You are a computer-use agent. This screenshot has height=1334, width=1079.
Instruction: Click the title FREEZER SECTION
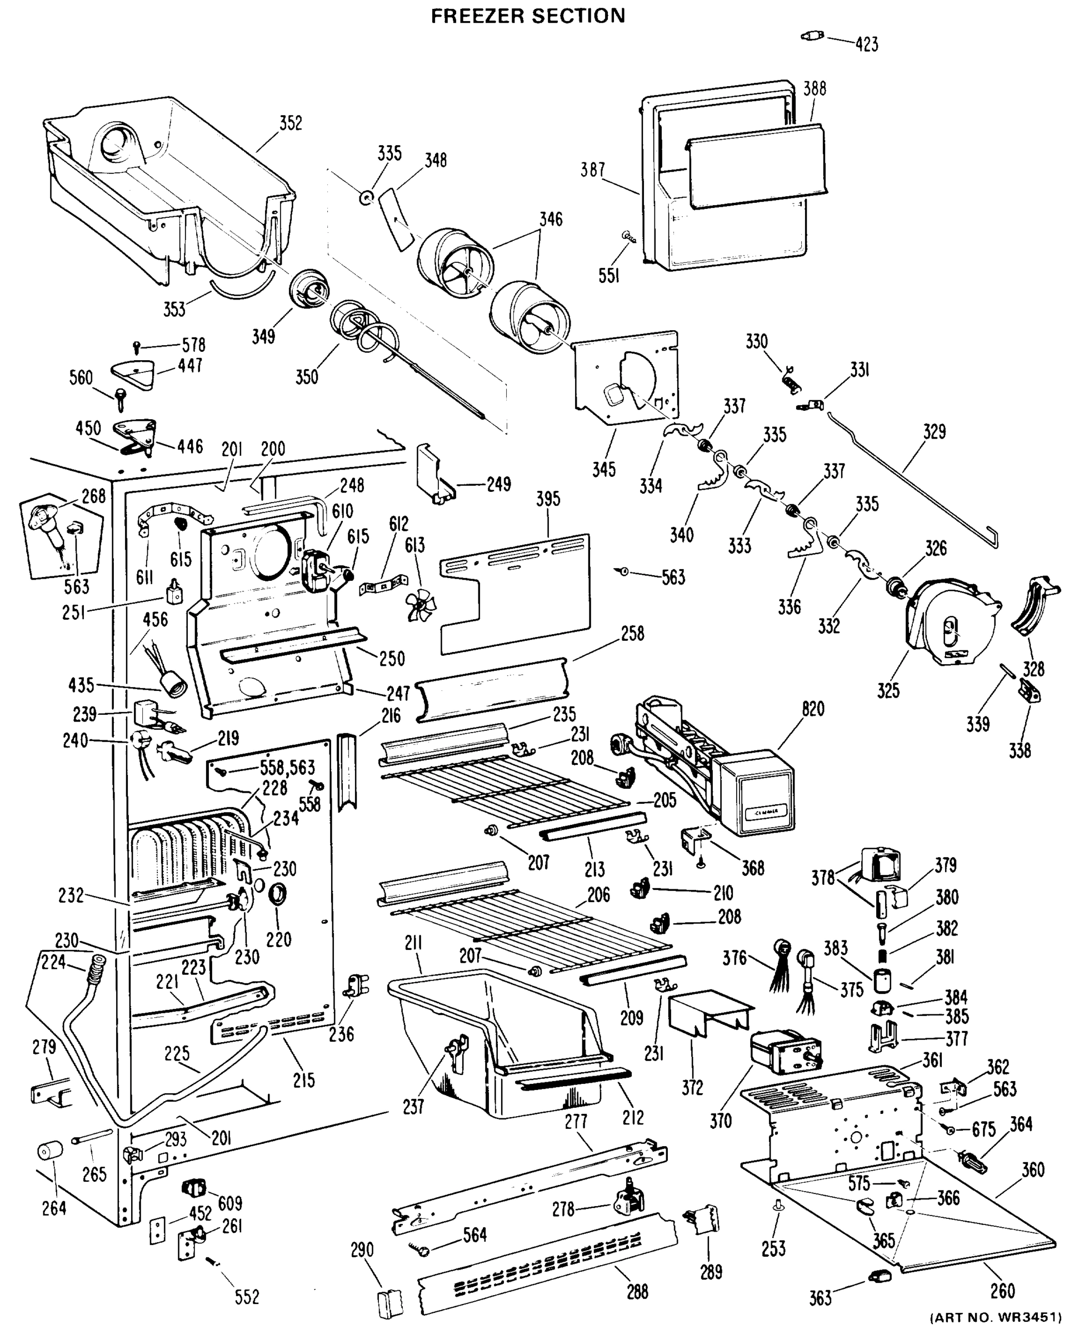(x=528, y=16)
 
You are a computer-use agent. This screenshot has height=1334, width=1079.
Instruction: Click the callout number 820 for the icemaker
(x=812, y=709)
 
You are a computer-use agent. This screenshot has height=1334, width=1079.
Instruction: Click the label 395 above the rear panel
(x=548, y=499)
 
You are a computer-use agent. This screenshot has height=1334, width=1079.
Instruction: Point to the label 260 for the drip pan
(x=1002, y=1291)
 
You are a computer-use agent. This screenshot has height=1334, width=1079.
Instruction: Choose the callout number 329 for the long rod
(x=934, y=431)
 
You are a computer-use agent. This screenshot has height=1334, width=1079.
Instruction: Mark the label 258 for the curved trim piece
(x=632, y=634)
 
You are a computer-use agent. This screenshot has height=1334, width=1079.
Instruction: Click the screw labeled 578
(x=137, y=346)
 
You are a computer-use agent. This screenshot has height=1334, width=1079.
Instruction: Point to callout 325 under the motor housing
(x=888, y=690)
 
